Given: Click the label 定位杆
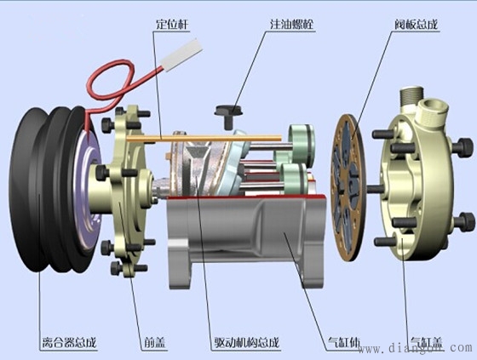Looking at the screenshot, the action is coord(172,24).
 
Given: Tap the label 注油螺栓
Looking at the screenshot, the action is coord(292,24).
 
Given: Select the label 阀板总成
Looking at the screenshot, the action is coord(417,24).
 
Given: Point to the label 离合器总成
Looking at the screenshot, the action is coord(70,343).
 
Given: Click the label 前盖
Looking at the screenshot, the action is coord(155,343).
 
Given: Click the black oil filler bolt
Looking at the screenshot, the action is coord(228,116).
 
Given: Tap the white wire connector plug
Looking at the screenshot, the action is coord(182,54).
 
